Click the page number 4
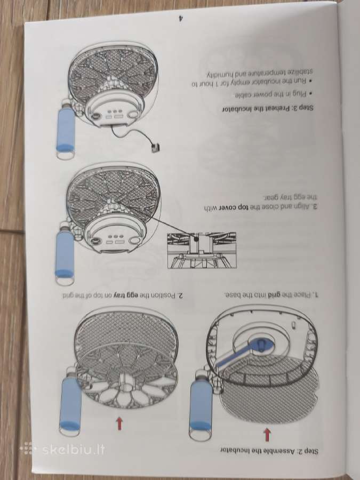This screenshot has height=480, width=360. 181,18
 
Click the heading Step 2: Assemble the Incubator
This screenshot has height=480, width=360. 269,451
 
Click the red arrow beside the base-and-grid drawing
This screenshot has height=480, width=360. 267,434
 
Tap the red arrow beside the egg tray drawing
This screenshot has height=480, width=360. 119,423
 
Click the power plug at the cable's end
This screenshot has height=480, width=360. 156,148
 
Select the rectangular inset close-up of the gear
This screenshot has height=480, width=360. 202,251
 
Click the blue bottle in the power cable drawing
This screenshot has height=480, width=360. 65,129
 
